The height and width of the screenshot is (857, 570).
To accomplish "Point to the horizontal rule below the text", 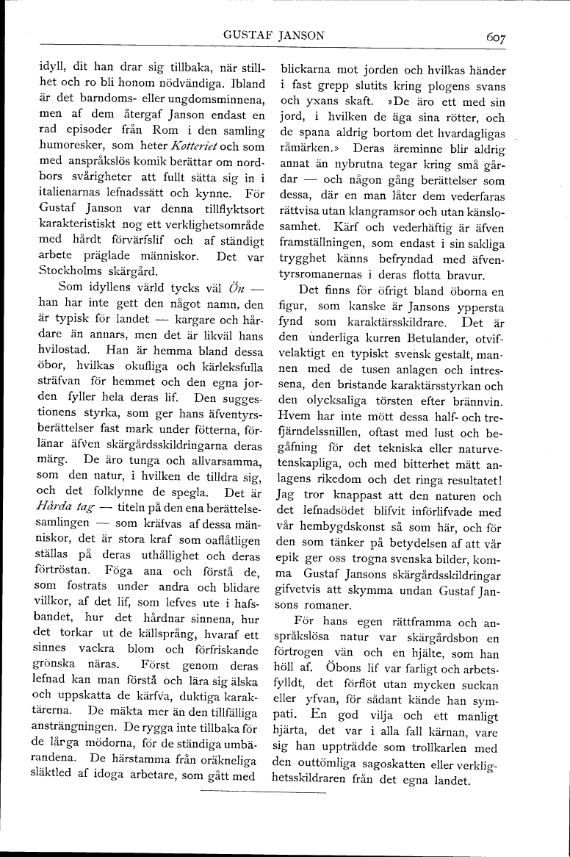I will coord(262,793).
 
